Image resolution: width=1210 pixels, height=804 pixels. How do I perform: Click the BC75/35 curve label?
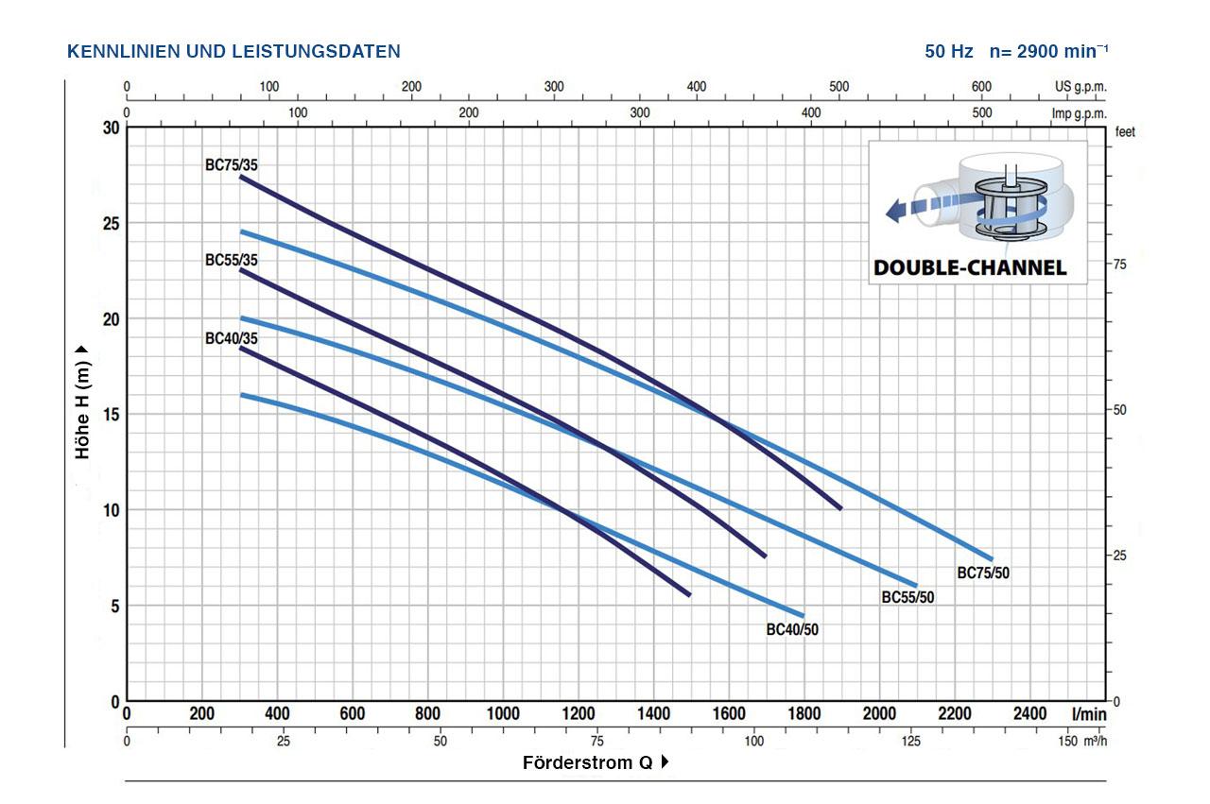(x=232, y=164)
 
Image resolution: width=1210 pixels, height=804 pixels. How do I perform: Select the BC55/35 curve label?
(x=232, y=260)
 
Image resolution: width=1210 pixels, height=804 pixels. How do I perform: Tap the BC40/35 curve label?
(x=232, y=338)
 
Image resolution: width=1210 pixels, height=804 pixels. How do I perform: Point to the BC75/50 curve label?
(x=983, y=573)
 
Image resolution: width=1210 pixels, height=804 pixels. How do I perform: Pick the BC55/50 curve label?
(x=907, y=597)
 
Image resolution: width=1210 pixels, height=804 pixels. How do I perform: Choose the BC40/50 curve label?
(x=792, y=629)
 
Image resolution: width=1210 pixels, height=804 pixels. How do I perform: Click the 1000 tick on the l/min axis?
(x=503, y=714)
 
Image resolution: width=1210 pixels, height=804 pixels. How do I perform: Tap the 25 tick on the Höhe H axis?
(x=111, y=224)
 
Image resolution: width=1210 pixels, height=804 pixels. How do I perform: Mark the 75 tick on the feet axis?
(x=1120, y=265)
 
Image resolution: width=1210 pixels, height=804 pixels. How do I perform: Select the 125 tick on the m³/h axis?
(x=910, y=741)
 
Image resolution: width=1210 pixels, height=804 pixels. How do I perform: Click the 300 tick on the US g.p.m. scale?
(x=554, y=86)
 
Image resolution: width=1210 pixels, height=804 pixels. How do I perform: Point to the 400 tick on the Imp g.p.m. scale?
(x=811, y=112)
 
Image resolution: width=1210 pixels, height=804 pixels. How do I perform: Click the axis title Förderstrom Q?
(x=588, y=762)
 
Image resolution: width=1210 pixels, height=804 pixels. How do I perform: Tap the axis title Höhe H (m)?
(x=82, y=409)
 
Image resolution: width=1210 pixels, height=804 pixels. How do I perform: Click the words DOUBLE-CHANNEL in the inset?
(x=970, y=267)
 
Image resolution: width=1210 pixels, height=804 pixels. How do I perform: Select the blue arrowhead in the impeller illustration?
(x=893, y=210)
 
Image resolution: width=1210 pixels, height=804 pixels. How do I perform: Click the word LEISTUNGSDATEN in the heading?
(x=316, y=51)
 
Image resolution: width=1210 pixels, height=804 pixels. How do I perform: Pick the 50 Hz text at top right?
(x=948, y=51)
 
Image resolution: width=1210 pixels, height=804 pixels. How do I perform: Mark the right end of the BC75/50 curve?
(x=992, y=560)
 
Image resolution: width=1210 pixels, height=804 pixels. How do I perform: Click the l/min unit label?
(x=1089, y=714)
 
